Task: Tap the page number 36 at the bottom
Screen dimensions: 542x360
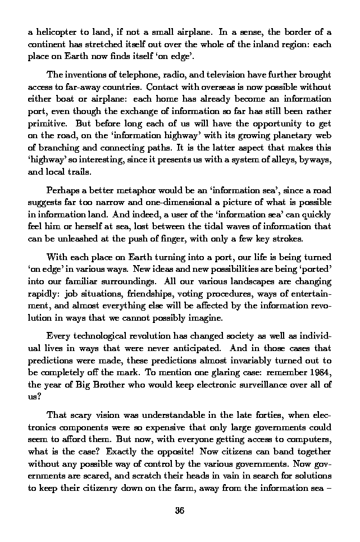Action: (180, 511)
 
